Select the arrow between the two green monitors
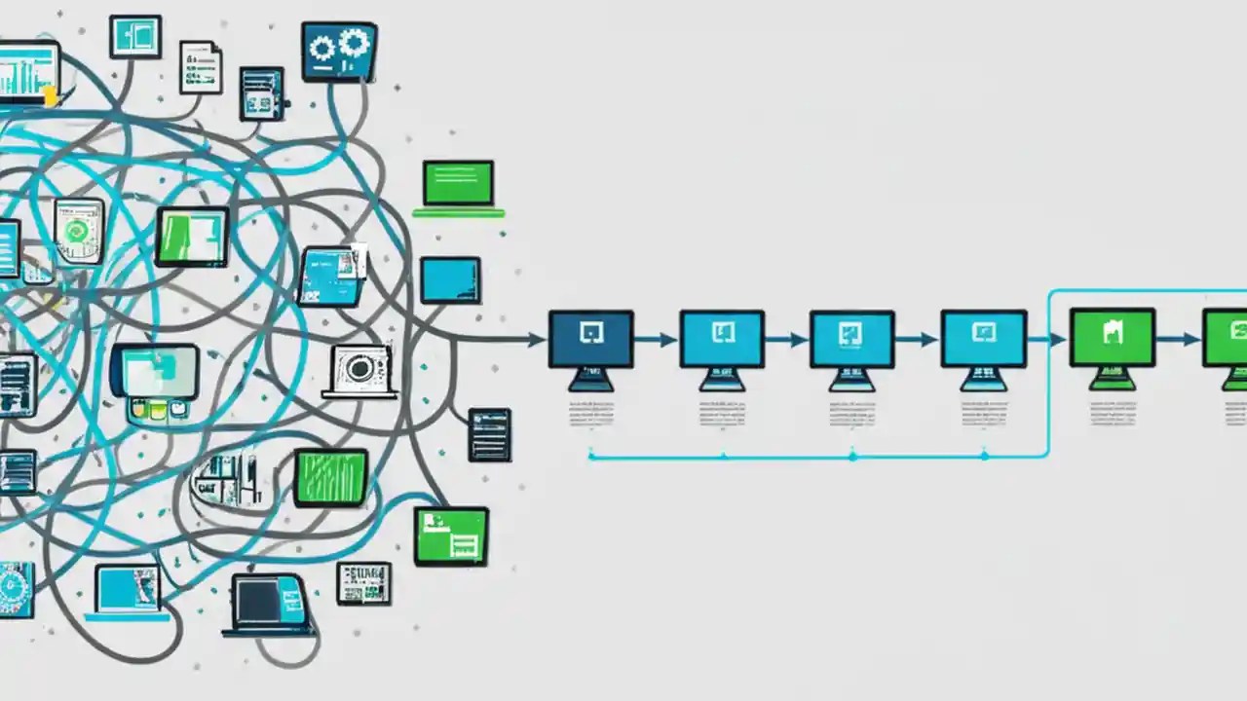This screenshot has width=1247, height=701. [x=1178, y=340]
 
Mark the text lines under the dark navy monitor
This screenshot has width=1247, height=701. [x=590, y=412]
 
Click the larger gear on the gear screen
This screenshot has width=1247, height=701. [x=352, y=43]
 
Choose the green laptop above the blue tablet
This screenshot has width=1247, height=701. [x=458, y=186]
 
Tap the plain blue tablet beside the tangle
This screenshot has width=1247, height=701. [x=450, y=280]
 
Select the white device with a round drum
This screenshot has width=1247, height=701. [x=359, y=370]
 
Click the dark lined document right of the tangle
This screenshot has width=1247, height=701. [x=489, y=434]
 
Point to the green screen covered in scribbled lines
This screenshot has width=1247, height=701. [x=330, y=477]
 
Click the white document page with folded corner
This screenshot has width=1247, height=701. [x=200, y=66]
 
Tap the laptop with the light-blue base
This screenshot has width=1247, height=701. [x=128, y=591]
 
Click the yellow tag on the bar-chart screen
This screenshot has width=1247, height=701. [x=49, y=96]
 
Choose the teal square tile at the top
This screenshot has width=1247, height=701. [x=134, y=36]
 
